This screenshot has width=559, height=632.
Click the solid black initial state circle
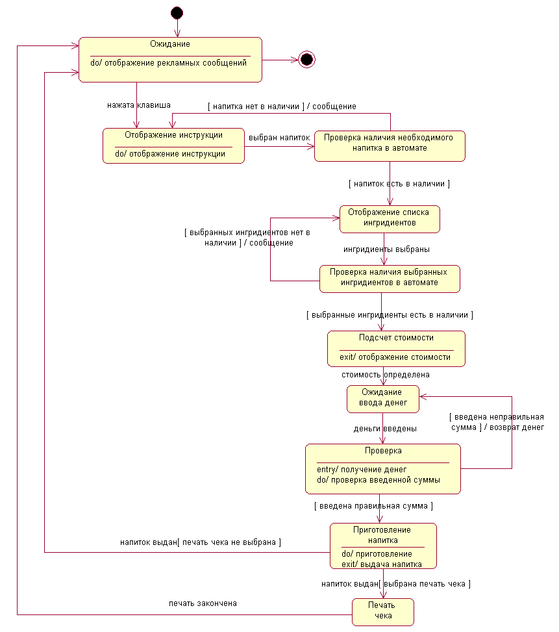pos(177,13)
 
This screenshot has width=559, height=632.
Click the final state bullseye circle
pos(306,60)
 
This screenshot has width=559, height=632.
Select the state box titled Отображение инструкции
pos(173,146)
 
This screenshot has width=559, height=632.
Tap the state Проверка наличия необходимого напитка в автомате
pos(390,146)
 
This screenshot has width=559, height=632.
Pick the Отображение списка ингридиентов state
pos(390,220)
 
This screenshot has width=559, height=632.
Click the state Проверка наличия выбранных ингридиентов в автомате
pos(390,279)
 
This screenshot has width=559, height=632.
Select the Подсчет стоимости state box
pos(396,349)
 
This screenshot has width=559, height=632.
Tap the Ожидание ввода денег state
pos(383,399)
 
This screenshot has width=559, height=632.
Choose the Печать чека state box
pos(383,613)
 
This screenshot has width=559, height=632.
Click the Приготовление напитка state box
pos(383,546)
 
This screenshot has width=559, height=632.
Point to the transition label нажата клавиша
pos(139,105)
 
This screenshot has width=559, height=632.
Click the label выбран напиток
pos(279,138)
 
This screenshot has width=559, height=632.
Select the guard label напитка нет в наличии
pos(256,107)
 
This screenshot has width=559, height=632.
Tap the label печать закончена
pos(203,603)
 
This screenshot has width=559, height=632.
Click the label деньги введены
pos(385,429)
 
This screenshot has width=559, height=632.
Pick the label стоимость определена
pos(386,375)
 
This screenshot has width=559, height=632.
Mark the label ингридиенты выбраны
pos(386,249)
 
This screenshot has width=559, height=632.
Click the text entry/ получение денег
pos(362,470)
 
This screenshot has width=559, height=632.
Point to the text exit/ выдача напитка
pos(381,564)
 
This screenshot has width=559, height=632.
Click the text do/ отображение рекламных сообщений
pos(168,63)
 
